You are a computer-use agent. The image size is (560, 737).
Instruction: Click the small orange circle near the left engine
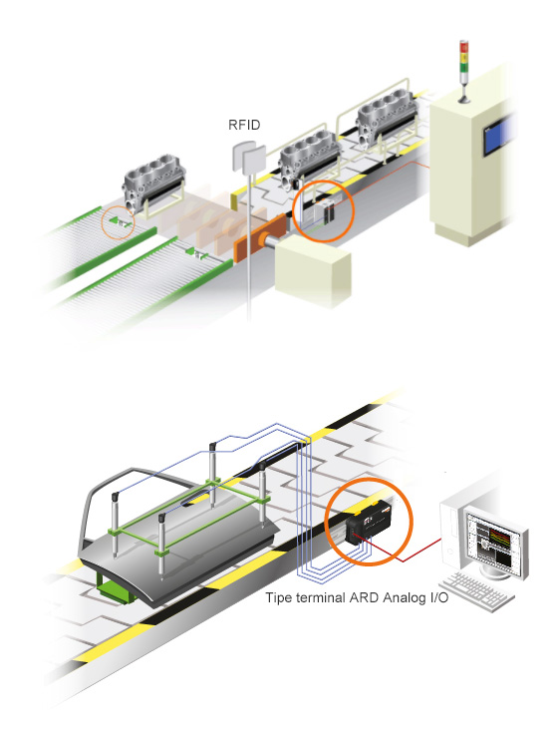pyautogui.click(x=117, y=220)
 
